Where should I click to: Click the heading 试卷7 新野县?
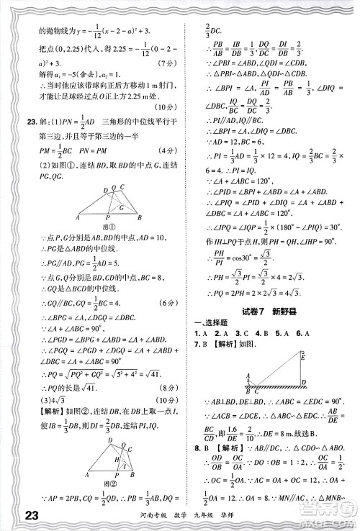(x=257, y=309)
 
